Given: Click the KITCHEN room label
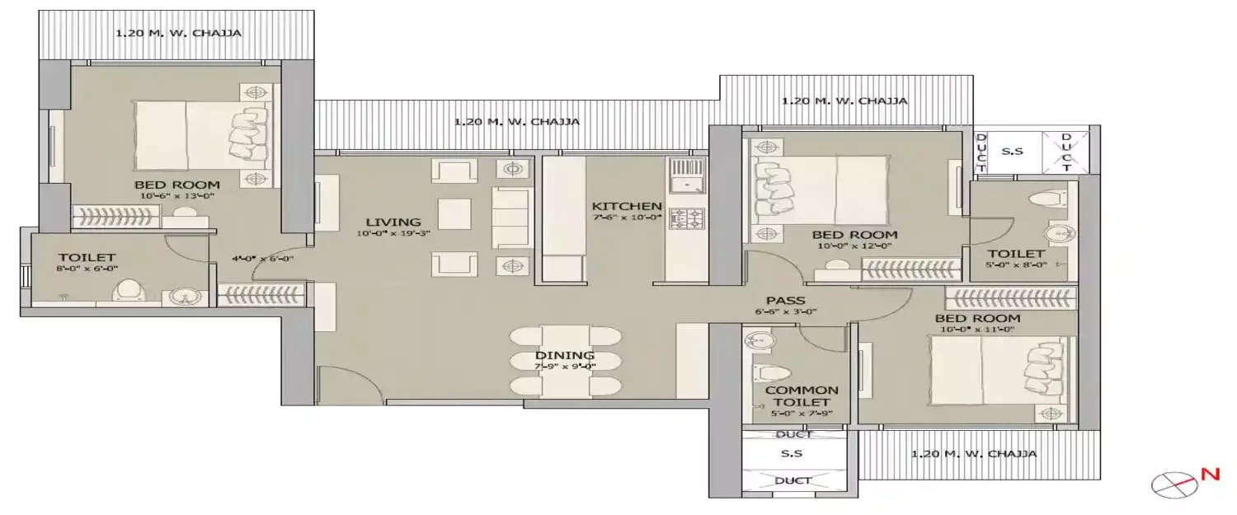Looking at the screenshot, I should (626, 206).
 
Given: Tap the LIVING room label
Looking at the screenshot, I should (393, 222).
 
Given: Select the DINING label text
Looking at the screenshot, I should (565, 355).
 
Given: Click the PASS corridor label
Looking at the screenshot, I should (785, 301).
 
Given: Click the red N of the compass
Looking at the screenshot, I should (1211, 474).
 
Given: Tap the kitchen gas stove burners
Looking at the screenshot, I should (687, 219).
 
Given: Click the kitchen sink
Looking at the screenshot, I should (686, 176).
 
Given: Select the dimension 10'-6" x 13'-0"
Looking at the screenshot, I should (177, 196).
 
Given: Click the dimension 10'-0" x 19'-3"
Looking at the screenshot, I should (393, 233).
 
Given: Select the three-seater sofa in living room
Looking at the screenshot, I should (512, 217).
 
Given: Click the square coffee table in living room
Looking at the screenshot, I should (454, 214).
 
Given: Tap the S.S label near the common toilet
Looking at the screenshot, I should (791, 453).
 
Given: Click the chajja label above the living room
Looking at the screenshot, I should (516, 121).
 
